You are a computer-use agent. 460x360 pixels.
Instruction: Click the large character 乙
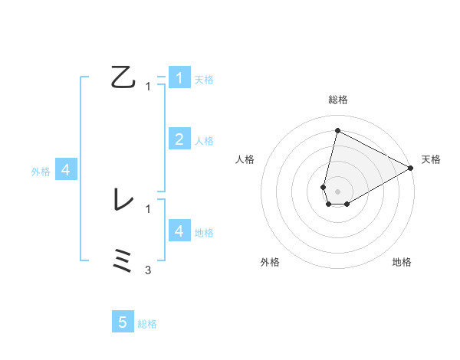pyautogui.click(x=123, y=77)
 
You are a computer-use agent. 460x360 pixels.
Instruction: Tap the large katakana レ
pyautogui.click(x=123, y=201)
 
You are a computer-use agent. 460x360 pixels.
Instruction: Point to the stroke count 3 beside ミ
pyautogui.click(x=148, y=270)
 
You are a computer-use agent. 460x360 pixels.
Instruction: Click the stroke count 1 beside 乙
pyautogui.click(x=148, y=87)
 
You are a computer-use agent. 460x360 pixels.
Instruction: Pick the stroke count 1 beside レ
pyautogui.click(x=148, y=208)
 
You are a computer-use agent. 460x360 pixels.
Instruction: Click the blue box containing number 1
pyautogui.click(x=179, y=77)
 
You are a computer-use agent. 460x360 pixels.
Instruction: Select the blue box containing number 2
pyautogui.click(x=179, y=139)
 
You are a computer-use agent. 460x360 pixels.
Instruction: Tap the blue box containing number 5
pyautogui.click(x=123, y=322)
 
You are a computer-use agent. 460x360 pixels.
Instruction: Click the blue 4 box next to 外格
pyautogui.click(x=66, y=170)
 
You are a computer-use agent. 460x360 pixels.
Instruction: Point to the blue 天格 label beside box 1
pyautogui.click(x=204, y=79)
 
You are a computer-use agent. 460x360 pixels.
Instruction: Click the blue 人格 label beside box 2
pyautogui.click(x=204, y=140)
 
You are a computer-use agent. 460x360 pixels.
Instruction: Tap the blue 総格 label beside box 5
pyautogui.click(x=147, y=324)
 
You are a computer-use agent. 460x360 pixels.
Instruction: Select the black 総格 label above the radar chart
pyautogui.click(x=338, y=100)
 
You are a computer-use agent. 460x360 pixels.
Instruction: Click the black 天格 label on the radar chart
pyautogui.click(x=431, y=159)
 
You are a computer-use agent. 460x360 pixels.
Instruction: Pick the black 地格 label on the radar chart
pyautogui.click(x=402, y=262)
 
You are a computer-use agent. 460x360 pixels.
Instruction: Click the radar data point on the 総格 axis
pyautogui.click(x=337, y=130)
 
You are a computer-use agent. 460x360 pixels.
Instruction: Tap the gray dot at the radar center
pyautogui.click(x=337, y=191)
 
